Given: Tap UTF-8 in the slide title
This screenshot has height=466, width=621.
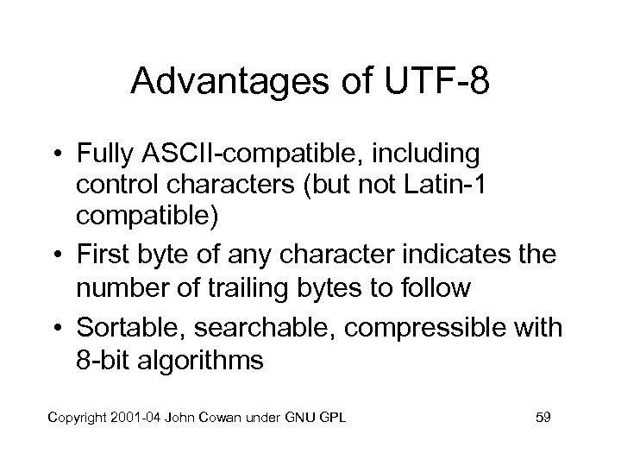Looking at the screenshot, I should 440,83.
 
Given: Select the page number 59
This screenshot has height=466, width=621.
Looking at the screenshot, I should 543,418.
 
